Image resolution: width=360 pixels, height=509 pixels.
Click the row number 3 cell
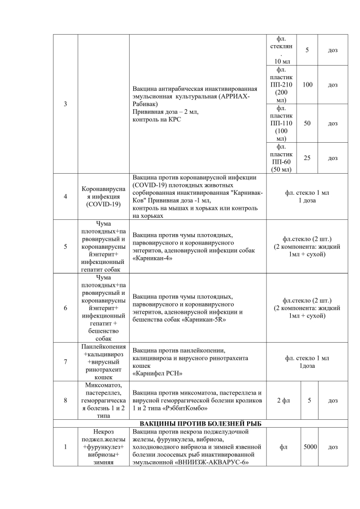point(65,104)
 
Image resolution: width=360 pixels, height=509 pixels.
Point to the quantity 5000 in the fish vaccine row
point(310,447)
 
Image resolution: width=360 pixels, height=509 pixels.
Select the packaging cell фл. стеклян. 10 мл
point(281,50)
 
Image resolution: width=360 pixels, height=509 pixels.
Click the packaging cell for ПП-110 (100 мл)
point(281,123)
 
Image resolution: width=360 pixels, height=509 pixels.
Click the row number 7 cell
point(65,362)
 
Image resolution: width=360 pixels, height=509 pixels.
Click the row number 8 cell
point(65,400)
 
